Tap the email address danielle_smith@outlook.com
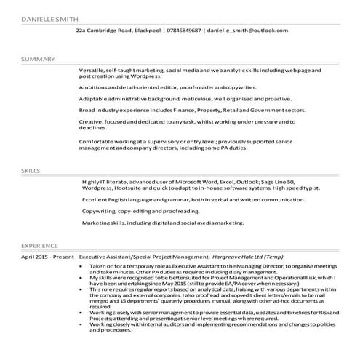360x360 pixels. point(247,31)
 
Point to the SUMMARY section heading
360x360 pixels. point(33,57)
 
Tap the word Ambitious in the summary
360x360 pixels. point(94,86)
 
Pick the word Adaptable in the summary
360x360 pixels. point(94,97)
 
